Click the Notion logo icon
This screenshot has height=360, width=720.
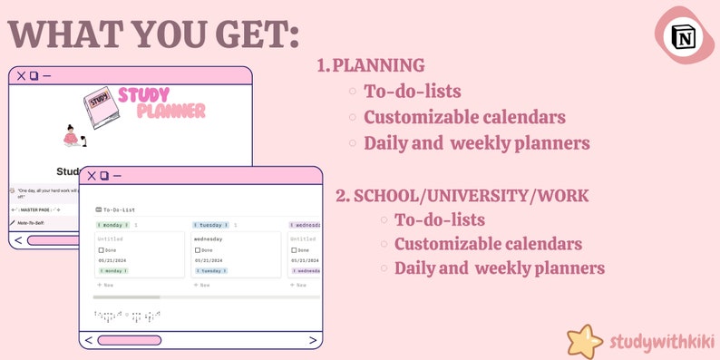(682, 36)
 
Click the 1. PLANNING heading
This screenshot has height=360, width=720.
(371, 65)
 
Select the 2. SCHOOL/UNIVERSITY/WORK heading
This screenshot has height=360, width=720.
(462, 195)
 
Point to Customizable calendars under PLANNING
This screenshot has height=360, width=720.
(464, 117)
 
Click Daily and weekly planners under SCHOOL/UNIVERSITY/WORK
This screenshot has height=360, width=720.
(499, 268)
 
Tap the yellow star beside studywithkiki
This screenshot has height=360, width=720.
(586, 342)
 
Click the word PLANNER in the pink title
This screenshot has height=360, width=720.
(170, 111)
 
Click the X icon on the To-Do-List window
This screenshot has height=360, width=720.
(91, 175)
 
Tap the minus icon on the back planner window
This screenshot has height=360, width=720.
(46, 76)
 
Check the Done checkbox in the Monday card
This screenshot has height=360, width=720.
(102, 249)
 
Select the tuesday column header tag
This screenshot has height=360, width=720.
(210, 224)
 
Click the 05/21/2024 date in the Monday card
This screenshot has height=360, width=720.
(112, 260)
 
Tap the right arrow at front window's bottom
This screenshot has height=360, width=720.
(313, 340)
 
